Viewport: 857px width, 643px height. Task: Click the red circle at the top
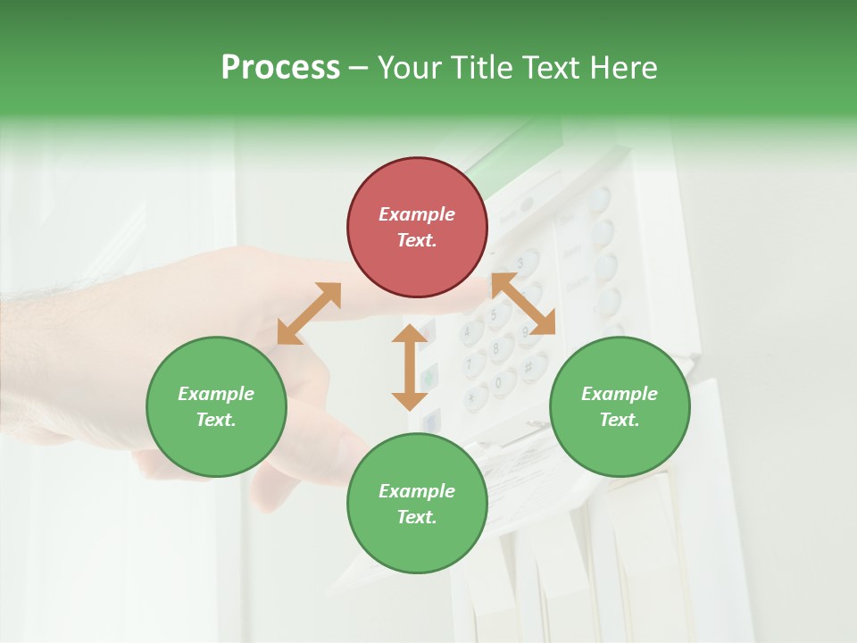[417, 228]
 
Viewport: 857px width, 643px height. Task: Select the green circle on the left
[216, 407]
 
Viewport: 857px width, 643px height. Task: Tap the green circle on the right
[620, 407]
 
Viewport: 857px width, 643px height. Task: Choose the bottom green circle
[417, 504]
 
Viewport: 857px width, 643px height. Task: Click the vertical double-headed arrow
[410, 367]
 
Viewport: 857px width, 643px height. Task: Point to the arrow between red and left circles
[309, 313]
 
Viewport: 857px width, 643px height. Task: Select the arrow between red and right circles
[524, 305]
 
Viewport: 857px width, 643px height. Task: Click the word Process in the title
[280, 68]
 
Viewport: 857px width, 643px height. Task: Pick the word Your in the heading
[409, 68]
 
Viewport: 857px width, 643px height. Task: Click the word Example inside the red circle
[417, 214]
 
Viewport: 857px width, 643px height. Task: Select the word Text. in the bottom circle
[417, 517]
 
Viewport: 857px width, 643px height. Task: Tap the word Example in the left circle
[216, 394]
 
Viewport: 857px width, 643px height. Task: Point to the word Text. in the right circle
[620, 420]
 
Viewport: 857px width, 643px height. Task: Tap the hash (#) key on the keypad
[528, 367]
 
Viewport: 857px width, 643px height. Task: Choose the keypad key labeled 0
[500, 385]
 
